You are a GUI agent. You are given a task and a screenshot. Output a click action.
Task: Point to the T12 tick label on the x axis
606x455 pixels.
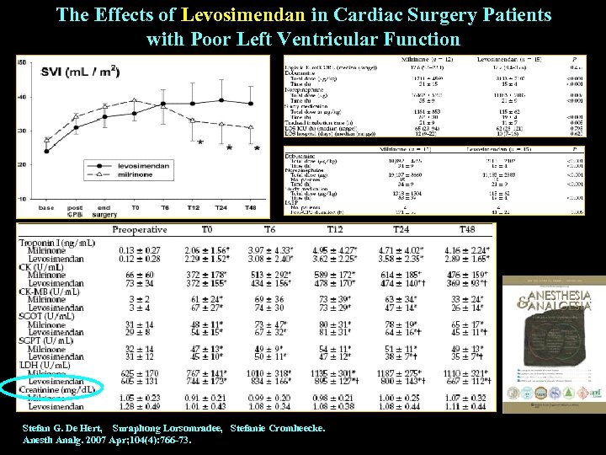click(194, 207)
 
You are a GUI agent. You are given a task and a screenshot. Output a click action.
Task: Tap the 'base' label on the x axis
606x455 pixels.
click(47, 207)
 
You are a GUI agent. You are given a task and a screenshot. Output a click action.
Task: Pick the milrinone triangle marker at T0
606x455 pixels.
click(134, 101)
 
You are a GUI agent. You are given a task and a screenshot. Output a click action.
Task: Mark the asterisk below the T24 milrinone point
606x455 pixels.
click(230, 147)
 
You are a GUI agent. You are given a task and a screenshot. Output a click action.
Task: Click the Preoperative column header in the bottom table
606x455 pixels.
click(139, 229)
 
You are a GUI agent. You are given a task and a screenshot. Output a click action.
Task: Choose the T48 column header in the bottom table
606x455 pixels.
click(466, 229)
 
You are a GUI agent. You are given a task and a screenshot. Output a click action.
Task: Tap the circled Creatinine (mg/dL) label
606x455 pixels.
click(60, 388)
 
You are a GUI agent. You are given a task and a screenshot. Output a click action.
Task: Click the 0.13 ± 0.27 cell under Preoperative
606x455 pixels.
click(139, 250)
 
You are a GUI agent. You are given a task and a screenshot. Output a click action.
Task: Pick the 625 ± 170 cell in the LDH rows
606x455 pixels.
click(139, 372)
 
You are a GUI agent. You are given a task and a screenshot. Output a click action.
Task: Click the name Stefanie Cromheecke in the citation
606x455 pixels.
click(277, 429)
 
